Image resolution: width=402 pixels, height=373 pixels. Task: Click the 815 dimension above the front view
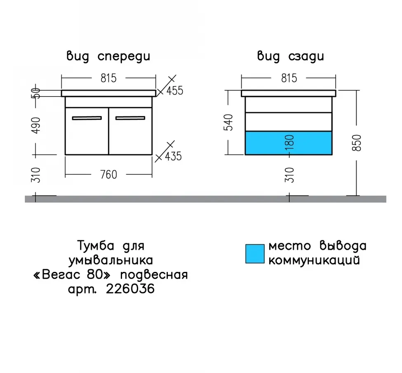pyautogui.click(x=108, y=78)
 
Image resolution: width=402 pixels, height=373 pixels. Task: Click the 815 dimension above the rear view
pyautogui.click(x=289, y=78)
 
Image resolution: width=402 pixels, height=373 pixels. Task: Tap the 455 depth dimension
pyautogui.click(x=175, y=90)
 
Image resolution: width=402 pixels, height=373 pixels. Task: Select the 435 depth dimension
pyautogui.click(x=173, y=156)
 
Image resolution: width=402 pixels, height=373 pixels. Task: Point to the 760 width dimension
pyautogui.click(x=108, y=175)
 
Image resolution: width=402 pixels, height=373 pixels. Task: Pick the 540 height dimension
pyautogui.click(x=228, y=123)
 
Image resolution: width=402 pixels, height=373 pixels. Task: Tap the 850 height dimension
pyautogui.click(x=357, y=143)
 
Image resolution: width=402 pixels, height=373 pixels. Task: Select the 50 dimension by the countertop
pyautogui.click(x=36, y=93)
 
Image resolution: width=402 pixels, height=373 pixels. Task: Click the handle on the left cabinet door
pyautogui.click(x=87, y=118)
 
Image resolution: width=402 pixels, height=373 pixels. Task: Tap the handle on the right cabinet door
pyautogui.click(x=130, y=118)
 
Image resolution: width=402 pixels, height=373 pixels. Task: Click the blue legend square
pyautogui.click(x=255, y=254)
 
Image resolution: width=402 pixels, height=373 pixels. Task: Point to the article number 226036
pyautogui.click(x=130, y=289)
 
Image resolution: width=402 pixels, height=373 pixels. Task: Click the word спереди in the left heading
pyautogui.click(x=124, y=57)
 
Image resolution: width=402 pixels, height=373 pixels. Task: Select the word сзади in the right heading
pyautogui.click(x=306, y=57)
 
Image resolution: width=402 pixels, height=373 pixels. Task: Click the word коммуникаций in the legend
pyautogui.click(x=314, y=260)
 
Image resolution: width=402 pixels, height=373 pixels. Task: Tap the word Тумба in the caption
pyautogui.click(x=96, y=246)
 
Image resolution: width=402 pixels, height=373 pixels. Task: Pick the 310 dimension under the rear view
pyautogui.click(x=289, y=175)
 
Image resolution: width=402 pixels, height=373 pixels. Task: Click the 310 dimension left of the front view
pyautogui.click(x=36, y=175)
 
